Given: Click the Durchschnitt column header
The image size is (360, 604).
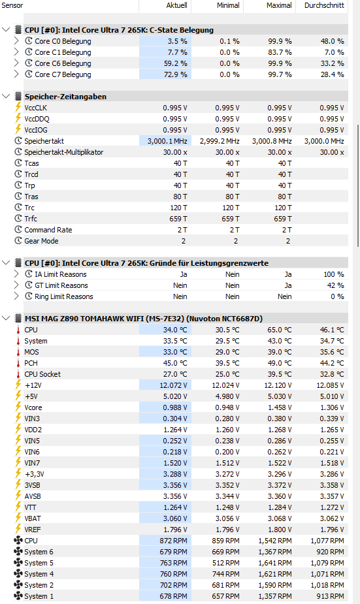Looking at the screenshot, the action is point(324,5).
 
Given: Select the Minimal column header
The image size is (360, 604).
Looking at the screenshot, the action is point(228,5).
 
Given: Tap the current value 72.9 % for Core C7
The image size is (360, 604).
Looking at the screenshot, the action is point(175,74).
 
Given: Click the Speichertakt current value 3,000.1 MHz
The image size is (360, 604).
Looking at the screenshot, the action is point(167,141).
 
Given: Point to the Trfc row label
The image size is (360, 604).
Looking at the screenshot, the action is point(31,219).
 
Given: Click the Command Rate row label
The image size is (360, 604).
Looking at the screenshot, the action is point(48,230).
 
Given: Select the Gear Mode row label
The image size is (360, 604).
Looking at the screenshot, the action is point(41,241).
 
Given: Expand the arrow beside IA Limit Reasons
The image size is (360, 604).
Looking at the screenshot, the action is point(16,274).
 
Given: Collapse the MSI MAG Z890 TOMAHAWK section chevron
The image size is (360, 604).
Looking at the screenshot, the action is point(6,318).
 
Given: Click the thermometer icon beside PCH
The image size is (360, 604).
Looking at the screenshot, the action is point(18,363).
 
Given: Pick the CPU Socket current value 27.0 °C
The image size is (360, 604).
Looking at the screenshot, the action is point(175,374).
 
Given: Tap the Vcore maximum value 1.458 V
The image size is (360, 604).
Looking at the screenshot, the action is point(280,407).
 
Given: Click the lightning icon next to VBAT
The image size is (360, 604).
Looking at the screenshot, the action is point(18,518).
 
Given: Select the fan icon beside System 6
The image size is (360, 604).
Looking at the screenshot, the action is point(18,552).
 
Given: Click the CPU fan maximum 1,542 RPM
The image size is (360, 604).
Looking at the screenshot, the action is point(275,541).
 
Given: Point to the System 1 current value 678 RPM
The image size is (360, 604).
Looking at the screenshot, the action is point(173,596).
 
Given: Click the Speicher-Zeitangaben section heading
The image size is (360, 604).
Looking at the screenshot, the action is point(65,97).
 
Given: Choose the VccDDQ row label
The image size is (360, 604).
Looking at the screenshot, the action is point(37,119).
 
